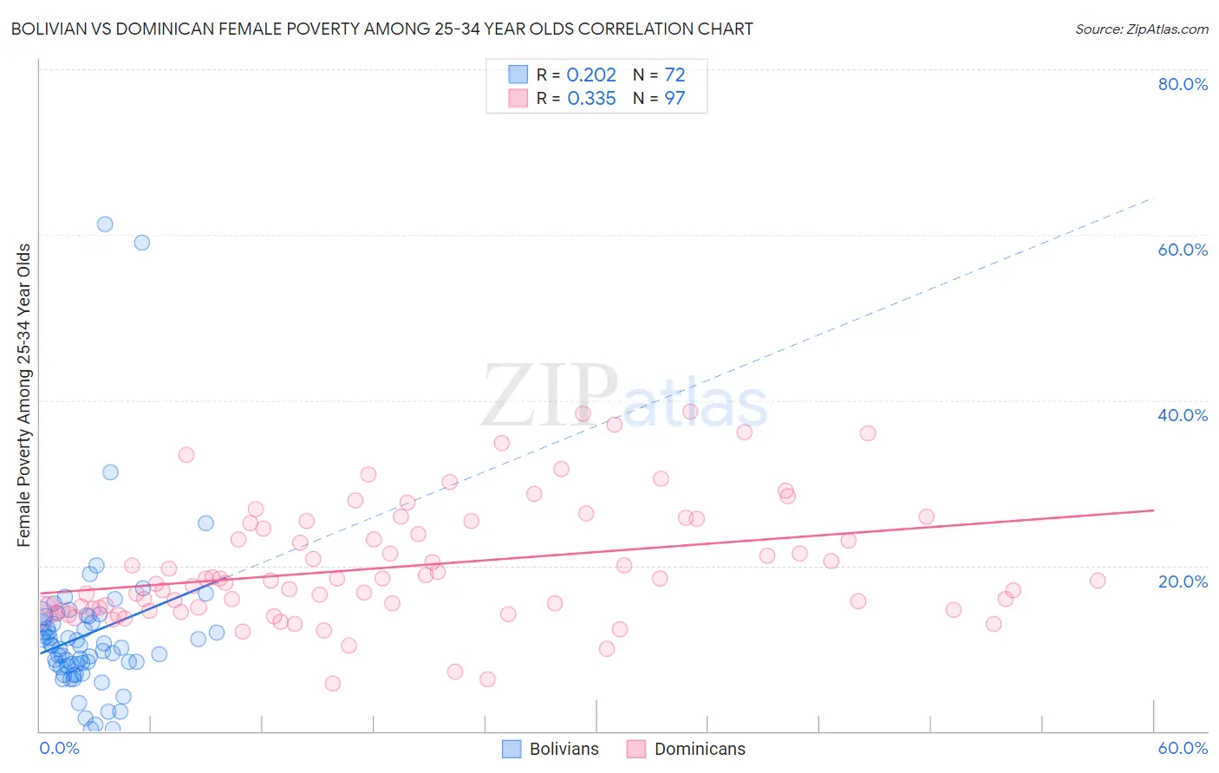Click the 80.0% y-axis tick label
coord(1183,84)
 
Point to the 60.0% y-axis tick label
coord(1183,250)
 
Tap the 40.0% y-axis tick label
coord(1183,415)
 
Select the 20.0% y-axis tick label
coord(1183,581)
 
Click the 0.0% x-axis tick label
coord(59,748)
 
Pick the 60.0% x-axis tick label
coord(1183,748)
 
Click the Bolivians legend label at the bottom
coord(564,750)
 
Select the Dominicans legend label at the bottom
coord(699,750)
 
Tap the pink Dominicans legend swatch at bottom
coord(636,750)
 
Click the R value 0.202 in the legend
coord(591,75)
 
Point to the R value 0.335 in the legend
coord(591,99)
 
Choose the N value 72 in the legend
coord(675,75)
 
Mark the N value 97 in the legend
coord(675,99)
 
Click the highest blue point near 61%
coord(105,224)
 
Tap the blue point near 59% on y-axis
coord(142,243)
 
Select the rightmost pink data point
coord(1098,581)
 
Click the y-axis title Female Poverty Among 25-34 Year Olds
coord(24,395)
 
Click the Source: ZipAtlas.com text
coord(1141,29)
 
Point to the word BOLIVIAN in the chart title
coord(50,29)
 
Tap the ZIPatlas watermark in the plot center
coord(624,397)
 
